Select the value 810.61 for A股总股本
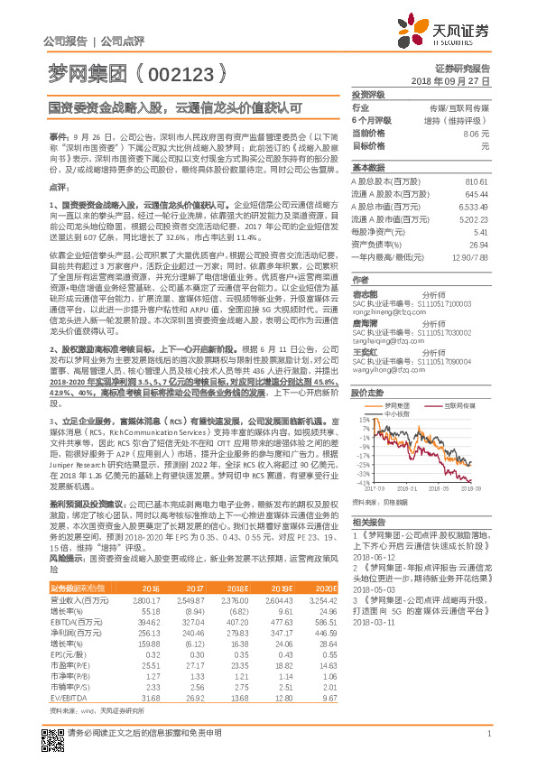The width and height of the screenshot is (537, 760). (477, 181)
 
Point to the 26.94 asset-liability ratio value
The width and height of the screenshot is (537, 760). (478, 244)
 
